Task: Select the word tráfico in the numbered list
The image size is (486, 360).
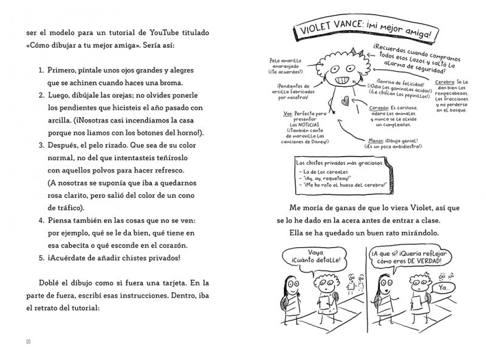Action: (60, 208)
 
